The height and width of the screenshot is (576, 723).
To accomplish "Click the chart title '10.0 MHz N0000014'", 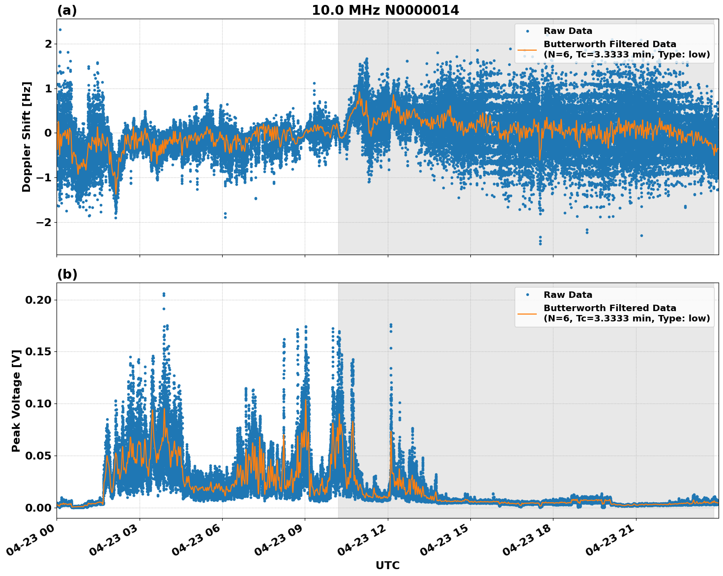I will (x=385, y=10).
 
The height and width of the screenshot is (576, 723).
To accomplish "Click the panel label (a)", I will (x=67, y=10).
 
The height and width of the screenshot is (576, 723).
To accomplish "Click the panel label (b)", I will (x=67, y=274).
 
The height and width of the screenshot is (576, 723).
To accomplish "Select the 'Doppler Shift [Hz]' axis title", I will (x=27, y=137).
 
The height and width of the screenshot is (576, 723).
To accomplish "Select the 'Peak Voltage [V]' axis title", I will (x=16, y=401).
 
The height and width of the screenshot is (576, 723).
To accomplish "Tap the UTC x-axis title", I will (x=387, y=565).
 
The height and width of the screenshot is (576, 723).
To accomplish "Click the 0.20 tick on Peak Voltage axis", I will (x=41, y=300).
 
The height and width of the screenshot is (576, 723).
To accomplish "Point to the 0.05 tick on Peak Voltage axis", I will (x=41, y=456).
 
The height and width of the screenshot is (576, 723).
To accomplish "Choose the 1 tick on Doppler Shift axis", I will (x=48, y=88).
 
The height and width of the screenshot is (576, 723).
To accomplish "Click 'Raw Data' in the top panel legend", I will (x=568, y=31).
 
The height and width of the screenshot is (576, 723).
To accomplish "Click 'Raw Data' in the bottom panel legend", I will (x=568, y=295).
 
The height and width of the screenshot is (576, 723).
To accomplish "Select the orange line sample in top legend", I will (x=527, y=50).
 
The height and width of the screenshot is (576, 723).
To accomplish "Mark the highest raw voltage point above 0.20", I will (x=164, y=293).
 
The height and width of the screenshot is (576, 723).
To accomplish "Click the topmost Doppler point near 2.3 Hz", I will (x=60, y=29).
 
